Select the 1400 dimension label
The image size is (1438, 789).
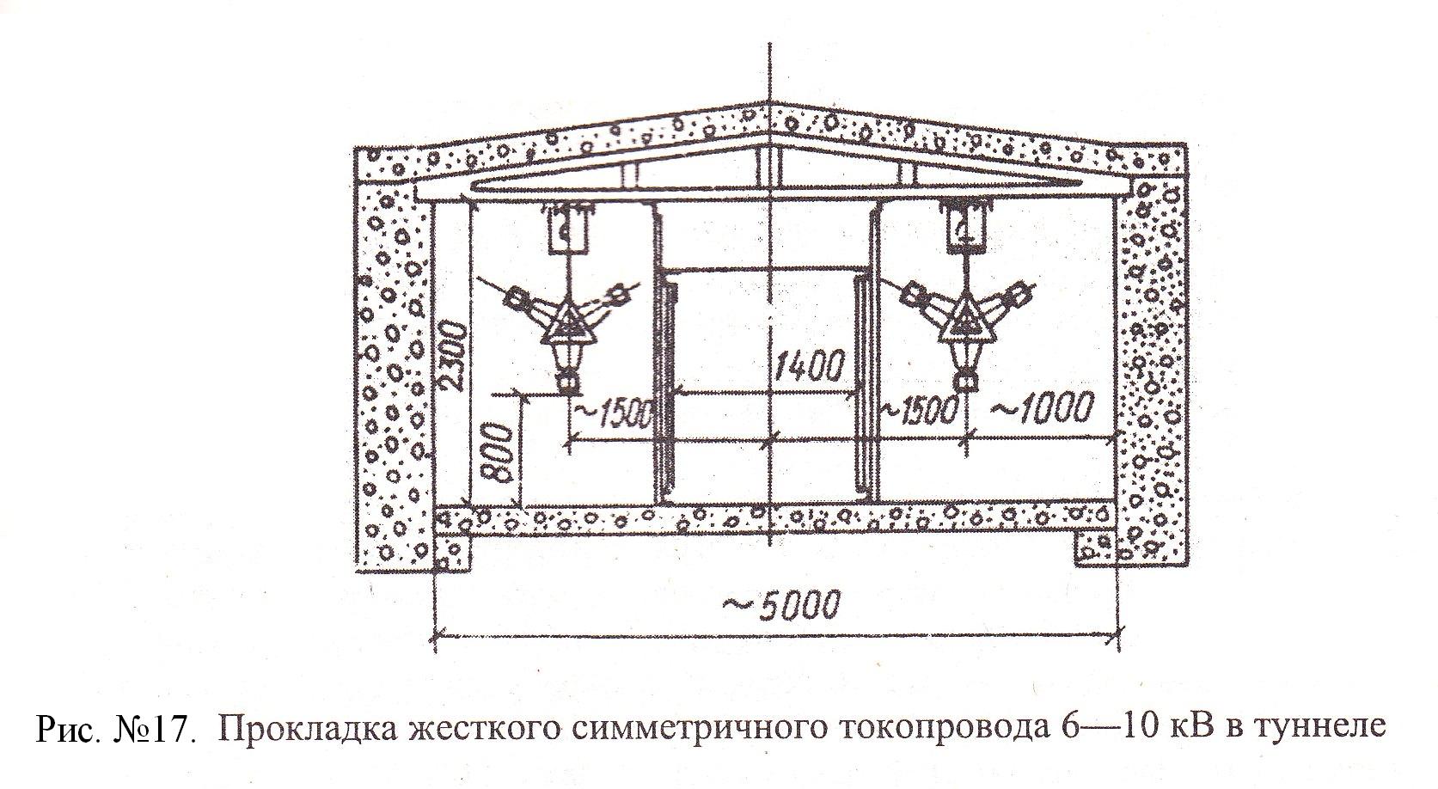(808, 365)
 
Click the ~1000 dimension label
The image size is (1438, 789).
(1041, 407)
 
